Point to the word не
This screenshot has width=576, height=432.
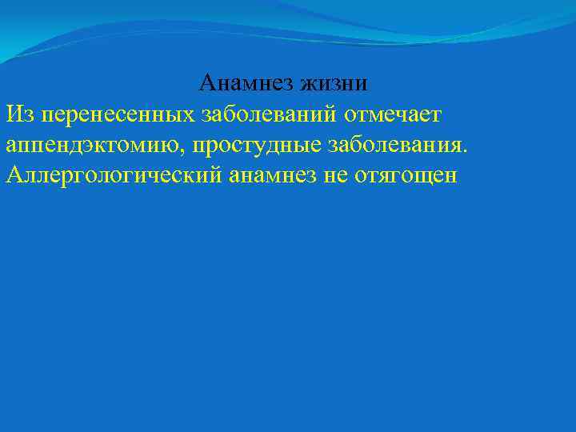tap(334, 175)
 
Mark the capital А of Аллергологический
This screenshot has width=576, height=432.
tap(14, 175)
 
